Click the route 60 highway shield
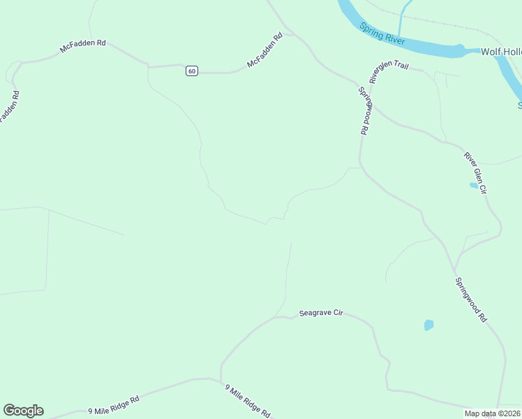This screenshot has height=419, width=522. [x=192, y=71]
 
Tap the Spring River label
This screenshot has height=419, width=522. [x=382, y=34]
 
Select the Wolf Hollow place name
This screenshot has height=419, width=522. [x=500, y=52]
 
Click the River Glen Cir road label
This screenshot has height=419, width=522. [x=475, y=170]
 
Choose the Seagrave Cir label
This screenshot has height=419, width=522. [x=322, y=313]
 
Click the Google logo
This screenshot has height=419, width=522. [x=23, y=411]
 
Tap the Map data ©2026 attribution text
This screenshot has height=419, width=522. [x=491, y=413]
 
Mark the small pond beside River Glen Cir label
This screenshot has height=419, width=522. [x=474, y=186]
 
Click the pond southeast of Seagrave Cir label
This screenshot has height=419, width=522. [x=428, y=325]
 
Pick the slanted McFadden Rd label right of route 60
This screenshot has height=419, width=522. [x=264, y=51]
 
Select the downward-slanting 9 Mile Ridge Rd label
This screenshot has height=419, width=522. [x=247, y=401]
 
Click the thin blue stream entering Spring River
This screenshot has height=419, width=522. [x=403, y=18]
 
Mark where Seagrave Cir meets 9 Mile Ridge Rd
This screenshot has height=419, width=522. [x=221, y=380]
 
